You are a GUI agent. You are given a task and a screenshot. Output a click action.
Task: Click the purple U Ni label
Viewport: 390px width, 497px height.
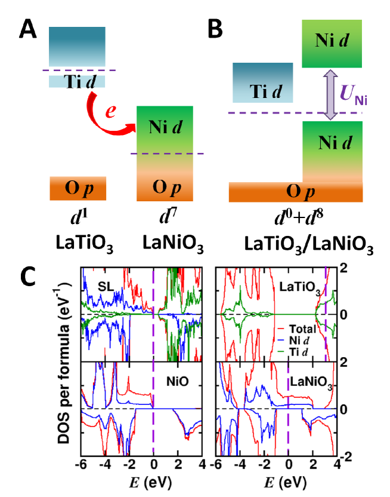pyautogui.click(x=353, y=94)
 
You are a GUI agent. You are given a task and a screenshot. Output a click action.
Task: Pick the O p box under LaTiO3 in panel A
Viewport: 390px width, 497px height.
pyautogui.click(x=77, y=189)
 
